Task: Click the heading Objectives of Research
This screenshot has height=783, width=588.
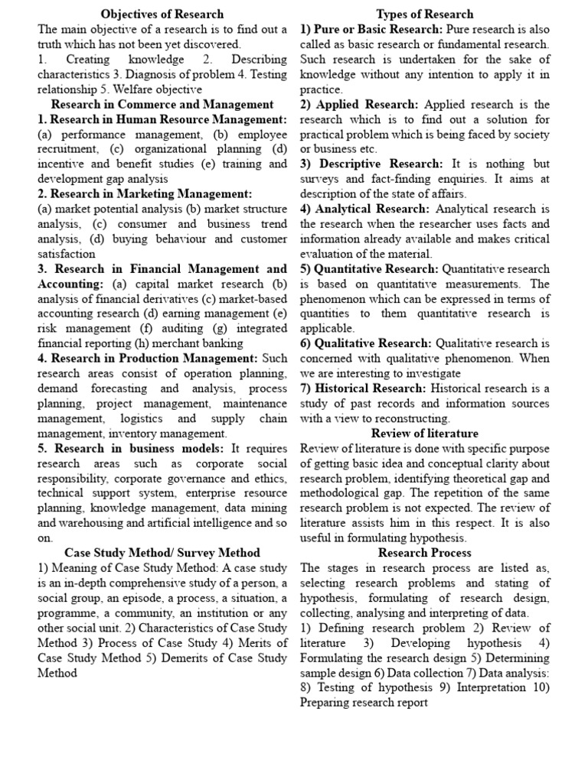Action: [x=162, y=14]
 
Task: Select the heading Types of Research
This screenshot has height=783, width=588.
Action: [x=425, y=14]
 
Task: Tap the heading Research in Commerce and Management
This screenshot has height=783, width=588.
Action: [x=162, y=103]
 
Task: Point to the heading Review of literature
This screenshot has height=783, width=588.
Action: [x=425, y=433]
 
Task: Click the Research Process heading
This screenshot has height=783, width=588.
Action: [x=425, y=552]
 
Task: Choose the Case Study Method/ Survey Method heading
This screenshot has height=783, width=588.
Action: [x=162, y=552]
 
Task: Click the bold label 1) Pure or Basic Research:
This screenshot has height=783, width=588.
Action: [x=371, y=29]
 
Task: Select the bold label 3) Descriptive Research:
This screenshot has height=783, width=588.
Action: [x=371, y=164]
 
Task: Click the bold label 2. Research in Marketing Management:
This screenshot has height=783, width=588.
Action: [x=145, y=193]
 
